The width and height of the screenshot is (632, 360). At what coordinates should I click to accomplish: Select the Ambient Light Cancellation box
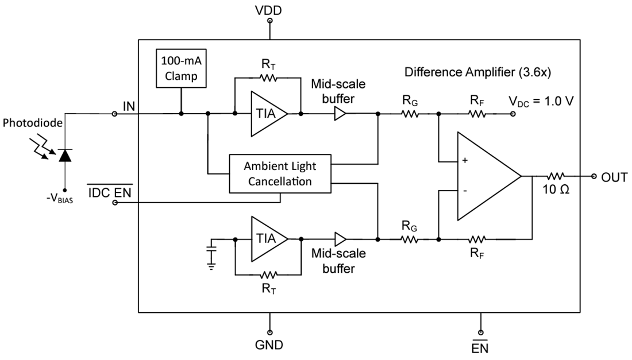coord(280,173)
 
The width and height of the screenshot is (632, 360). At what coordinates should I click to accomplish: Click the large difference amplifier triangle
coord(485,176)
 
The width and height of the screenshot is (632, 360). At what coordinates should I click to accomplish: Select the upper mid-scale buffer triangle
coord(341,114)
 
